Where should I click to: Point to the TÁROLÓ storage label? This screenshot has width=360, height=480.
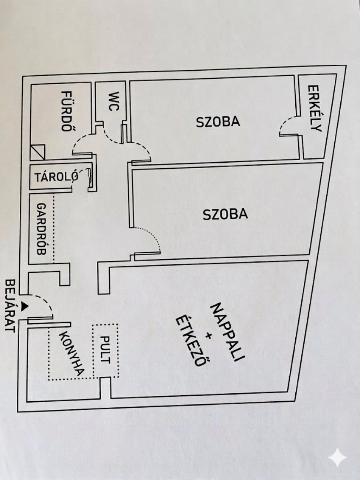tap(56, 177)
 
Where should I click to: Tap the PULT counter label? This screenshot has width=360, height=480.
tap(105, 350)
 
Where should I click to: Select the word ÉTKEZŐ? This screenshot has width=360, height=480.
tap(190, 340)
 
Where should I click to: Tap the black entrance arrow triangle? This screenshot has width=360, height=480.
tap(24, 306)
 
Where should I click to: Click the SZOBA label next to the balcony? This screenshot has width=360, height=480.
tap(218, 122)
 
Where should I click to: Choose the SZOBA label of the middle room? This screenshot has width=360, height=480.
tap(225, 214)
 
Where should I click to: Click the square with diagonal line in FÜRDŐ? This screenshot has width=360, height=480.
tap(38, 152)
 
